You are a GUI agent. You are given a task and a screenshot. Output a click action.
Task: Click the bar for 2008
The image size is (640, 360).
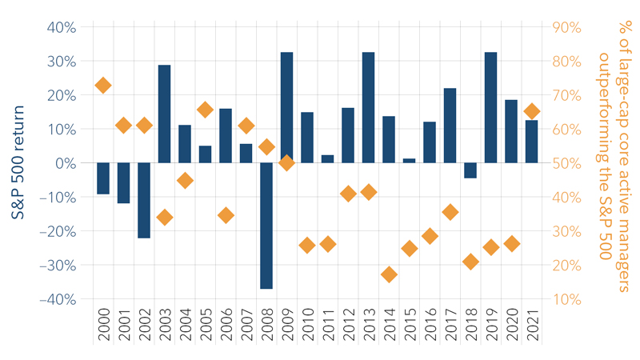coord(266,226)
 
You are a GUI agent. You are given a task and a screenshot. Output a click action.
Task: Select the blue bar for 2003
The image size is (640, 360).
coord(164,114)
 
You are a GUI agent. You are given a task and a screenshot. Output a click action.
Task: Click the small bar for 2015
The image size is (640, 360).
coord(409,161)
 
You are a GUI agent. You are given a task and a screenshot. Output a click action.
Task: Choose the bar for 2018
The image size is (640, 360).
coord(470,170)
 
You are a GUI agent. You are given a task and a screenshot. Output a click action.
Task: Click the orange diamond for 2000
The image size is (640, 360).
coord(103,86)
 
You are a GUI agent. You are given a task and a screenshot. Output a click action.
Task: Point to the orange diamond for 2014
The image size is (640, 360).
coord(389,274)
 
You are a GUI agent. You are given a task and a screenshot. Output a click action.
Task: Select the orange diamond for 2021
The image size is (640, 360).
coord(531,111)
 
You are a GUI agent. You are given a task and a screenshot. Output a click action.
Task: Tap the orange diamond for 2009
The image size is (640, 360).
coord(286,162)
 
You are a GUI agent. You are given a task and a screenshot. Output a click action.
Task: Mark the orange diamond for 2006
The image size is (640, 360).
coord(226,215)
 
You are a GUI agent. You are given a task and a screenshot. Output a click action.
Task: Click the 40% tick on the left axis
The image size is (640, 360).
coord(61,27)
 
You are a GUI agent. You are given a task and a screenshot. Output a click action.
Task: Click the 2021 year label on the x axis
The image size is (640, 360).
coord(531,326)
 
